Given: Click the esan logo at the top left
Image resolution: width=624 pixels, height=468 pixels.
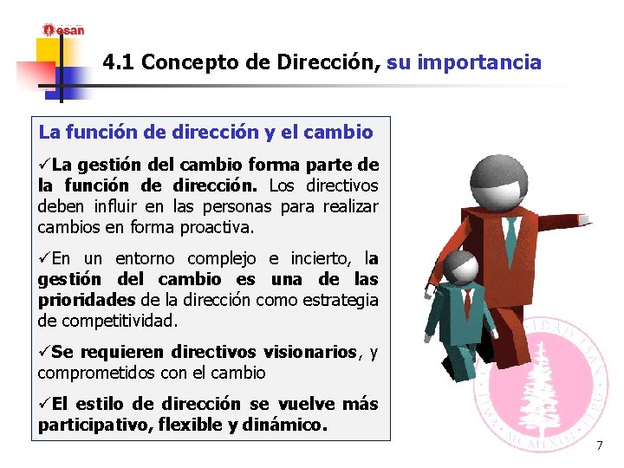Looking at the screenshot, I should (x=64, y=29).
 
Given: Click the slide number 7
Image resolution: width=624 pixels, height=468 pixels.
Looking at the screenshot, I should (x=598, y=445).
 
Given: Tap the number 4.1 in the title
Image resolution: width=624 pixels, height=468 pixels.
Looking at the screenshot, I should (x=118, y=62).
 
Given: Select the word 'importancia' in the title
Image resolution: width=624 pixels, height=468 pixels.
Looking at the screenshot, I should (x=491, y=62).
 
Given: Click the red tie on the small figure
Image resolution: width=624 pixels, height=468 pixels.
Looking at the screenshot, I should (x=468, y=302).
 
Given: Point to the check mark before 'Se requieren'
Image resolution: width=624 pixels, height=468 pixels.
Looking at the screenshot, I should (x=43, y=352).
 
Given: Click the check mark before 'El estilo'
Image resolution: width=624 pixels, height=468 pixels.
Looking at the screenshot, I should (x=43, y=404).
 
